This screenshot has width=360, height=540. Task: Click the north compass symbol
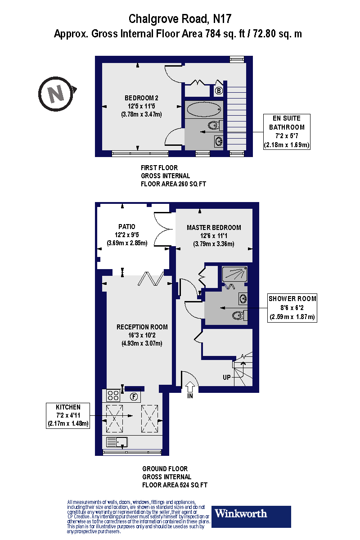click(56, 94)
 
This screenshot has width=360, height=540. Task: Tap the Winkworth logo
click(251, 516)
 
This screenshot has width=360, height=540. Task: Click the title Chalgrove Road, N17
click(181, 18)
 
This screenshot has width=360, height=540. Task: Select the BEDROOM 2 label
click(141, 98)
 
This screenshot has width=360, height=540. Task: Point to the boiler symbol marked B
click(219, 91)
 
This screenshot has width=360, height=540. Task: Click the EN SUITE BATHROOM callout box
click(287, 132)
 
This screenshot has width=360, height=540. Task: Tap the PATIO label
click(126, 227)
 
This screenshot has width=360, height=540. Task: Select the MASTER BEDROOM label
click(214, 227)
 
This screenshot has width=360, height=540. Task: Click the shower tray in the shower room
click(234, 274)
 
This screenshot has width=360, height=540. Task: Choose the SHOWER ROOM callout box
click(292, 308)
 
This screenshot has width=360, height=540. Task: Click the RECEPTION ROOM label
click(142, 327)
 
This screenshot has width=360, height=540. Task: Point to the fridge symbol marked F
click(134, 397)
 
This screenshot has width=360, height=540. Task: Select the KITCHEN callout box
click(68, 415)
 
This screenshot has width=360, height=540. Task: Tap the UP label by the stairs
click(227, 377)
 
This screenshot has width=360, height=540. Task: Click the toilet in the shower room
click(239, 315)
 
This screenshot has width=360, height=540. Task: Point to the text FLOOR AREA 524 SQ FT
click(175, 485)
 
